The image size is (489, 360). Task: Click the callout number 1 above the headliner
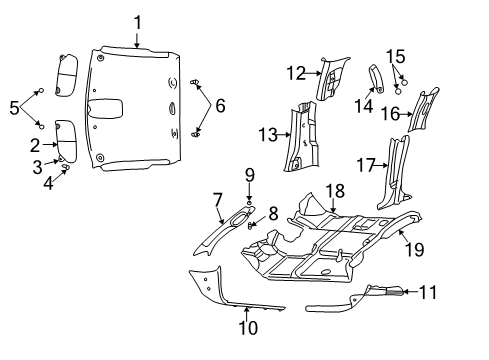pyautogui.click(x=138, y=22)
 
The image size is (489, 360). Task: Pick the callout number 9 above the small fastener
pyautogui.click(x=249, y=175)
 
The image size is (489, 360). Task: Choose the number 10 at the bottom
pyautogui.click(x=248, y=327)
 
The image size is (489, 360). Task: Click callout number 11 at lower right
pyautogui.click(x=428, y=293)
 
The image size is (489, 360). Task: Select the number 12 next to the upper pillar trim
pyautogui.click(x=294, y=72)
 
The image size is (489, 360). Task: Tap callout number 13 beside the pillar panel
pyautogui.click(x=265, y=135)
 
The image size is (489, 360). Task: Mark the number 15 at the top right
pyautogui.click(x=396, y=56)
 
